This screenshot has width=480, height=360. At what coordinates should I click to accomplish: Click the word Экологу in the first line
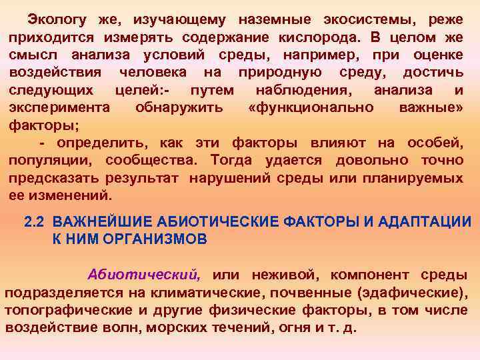tap(55, 20)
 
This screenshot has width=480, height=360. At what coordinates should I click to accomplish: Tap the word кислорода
tap(320, 37)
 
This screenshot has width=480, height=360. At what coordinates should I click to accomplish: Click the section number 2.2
tap(35, 222)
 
